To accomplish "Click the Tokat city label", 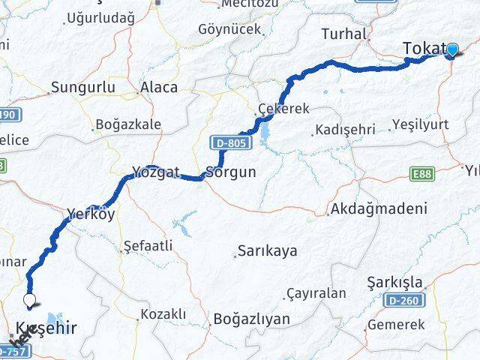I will [424, 49].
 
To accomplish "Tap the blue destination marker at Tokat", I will [451, 50].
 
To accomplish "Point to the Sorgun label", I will [231, 172].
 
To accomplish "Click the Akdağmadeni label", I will [379, 210].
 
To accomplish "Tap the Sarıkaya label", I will [267, 250].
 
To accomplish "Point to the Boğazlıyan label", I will [251, 319].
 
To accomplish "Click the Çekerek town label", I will [283, 109].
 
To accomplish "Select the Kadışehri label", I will [345, 130].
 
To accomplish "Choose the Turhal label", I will [343, 34].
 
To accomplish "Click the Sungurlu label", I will [82, 88].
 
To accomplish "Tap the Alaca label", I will [159, 88].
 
